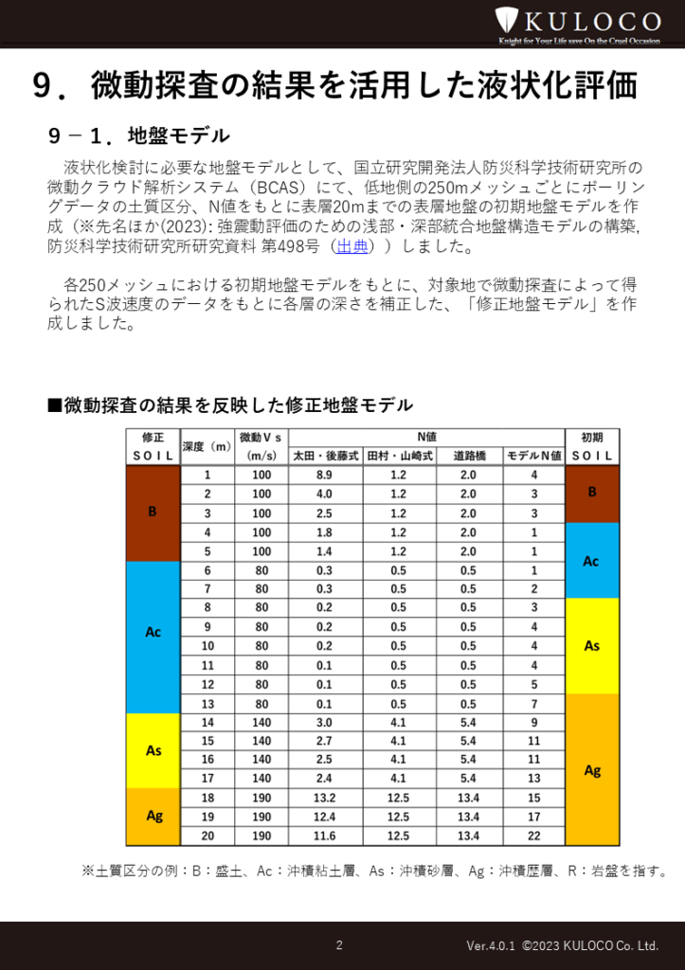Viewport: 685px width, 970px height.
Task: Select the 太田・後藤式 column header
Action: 325,456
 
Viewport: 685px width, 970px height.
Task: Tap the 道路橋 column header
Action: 470,456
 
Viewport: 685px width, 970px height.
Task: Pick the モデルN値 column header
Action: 534,456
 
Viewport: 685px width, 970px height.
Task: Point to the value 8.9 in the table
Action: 324,475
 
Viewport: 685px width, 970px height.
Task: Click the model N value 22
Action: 534,835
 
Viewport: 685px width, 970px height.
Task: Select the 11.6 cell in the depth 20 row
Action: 324,835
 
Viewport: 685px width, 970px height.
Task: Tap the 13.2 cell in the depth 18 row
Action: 324,798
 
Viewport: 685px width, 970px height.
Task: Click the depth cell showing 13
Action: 207,703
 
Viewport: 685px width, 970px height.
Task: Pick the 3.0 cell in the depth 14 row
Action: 324,722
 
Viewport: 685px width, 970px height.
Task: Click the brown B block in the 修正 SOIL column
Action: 153,512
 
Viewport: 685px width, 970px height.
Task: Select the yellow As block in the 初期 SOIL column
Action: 592,646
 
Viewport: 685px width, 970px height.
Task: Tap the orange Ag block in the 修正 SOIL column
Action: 153,816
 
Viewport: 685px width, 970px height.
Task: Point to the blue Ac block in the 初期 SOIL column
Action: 592,560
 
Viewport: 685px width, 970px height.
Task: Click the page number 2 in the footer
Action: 339,944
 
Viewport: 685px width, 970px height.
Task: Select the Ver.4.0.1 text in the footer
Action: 490,945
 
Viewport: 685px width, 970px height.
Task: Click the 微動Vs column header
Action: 261,446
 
